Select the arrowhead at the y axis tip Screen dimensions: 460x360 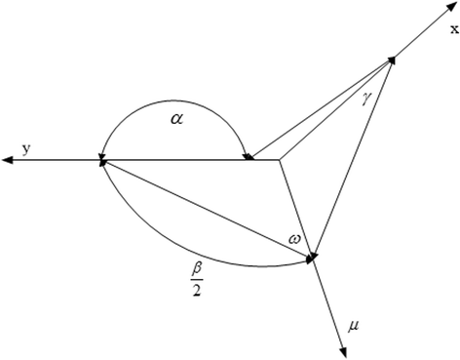pyautogui.click(x=8, y=161)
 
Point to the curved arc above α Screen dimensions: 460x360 pyautogui.click(x=171, y=95)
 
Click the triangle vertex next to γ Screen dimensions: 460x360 pyautogui.click(x=393, y=59)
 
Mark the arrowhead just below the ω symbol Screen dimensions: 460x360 pyautogui.click(x=313, y=259)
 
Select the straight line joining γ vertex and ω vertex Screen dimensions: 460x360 pyautogui.click(x=353, y=158)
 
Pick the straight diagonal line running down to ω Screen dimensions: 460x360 pyautogui.click(x=205, y=209)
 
